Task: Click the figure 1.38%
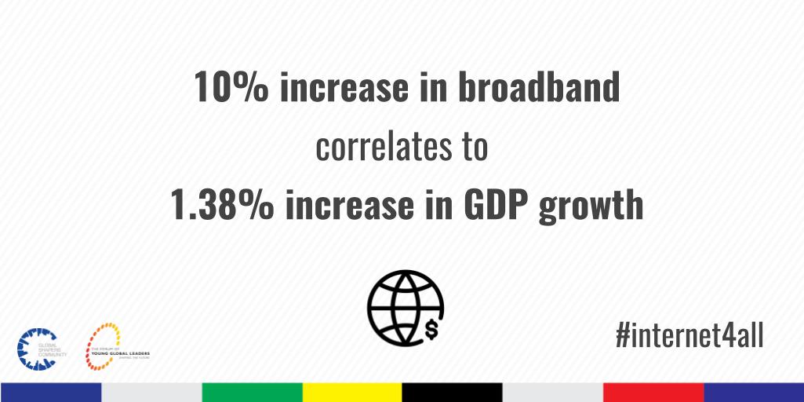221,205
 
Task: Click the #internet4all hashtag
689,337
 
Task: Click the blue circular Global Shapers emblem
33,348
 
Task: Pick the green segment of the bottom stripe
252,392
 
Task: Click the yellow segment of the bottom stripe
352,392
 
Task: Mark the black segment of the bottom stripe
453,392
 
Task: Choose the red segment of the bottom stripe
653,392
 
